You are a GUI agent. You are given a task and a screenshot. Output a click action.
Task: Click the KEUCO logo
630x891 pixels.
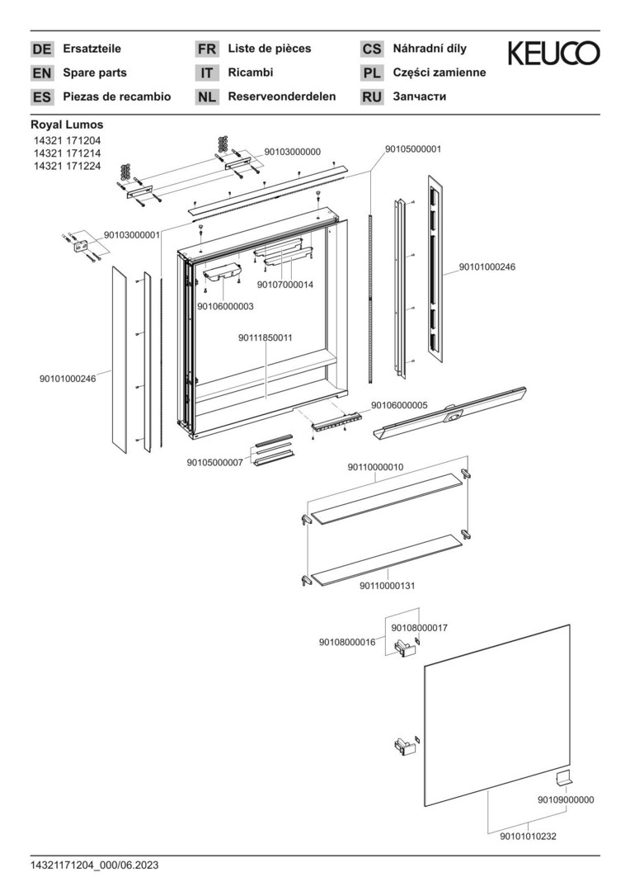click(x=553, y=54)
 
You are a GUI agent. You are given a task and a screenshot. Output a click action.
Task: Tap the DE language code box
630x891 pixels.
click(x=41, y=49)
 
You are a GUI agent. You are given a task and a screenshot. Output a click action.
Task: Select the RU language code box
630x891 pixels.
click(x=372, y=97)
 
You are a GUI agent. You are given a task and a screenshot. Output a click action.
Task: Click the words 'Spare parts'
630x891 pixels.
click(x=95, y=73)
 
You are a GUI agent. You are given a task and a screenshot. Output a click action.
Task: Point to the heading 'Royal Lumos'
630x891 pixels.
click(x=67, y=125)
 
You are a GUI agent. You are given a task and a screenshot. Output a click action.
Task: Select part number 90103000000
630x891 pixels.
click(x=292, y=152)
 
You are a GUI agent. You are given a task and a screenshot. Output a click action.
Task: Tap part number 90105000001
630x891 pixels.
click(x=413, y=149)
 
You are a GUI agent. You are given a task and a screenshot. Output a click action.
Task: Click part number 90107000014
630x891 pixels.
click(x=285, y=285)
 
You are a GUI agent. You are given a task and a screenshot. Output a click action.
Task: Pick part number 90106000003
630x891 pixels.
click(x=225, y=306)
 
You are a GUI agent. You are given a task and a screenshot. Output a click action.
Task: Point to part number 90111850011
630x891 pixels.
click(x=266, y=338)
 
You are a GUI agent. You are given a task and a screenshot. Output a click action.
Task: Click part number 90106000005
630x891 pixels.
click(x=399, y=405)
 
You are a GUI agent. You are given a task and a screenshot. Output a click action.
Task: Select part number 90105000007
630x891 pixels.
click(x=215, y=463)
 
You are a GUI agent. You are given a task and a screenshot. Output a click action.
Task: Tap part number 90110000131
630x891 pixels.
click(x=387, y=585)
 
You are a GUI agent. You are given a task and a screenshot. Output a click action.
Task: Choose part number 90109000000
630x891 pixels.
click(x=566, y=799)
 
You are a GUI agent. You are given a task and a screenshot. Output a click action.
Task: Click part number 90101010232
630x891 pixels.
click(x=528, y=837)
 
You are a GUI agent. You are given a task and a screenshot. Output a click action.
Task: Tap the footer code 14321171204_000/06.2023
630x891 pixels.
click(x=95, y=865)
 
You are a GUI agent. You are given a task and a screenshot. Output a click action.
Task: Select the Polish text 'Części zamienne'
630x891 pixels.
click(x=440, y=73)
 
